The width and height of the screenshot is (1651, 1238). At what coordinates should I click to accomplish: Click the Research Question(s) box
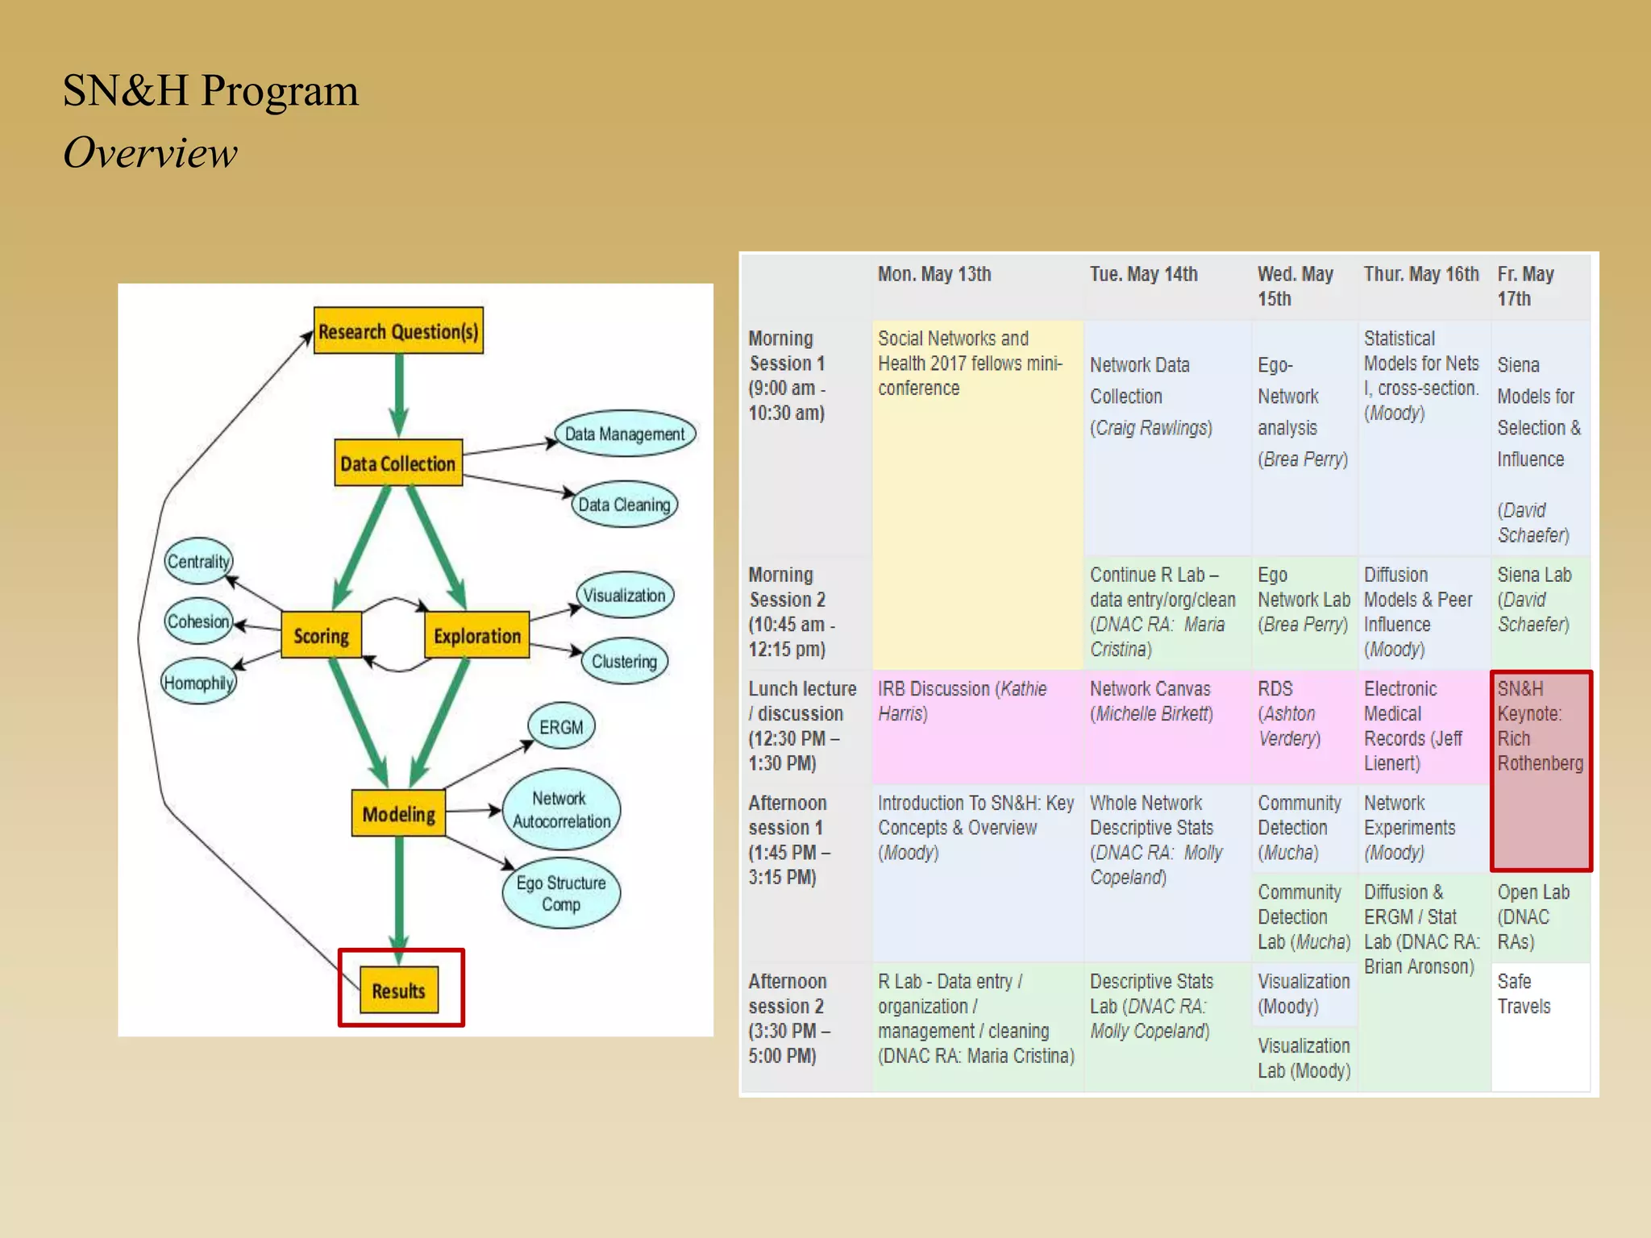point(398,330)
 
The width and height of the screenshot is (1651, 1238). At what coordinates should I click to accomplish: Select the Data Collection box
point(398,463)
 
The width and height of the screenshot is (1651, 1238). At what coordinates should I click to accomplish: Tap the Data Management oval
point(625,434)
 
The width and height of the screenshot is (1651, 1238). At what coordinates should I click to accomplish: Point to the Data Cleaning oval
point(624,505)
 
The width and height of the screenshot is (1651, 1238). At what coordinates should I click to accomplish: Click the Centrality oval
point(198,561)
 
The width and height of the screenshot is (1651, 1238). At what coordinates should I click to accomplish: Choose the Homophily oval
point(198,683)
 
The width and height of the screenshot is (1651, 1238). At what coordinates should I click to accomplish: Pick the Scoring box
point(321,635)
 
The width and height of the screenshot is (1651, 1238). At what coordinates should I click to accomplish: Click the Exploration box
point(477,635)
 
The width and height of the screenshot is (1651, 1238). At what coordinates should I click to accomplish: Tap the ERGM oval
point(561,726)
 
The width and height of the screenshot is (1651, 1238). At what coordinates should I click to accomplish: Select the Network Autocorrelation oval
point(561,809)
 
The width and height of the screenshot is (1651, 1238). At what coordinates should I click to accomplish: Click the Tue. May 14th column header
point(1143,275)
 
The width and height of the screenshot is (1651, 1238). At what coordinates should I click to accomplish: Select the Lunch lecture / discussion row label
point(803,725)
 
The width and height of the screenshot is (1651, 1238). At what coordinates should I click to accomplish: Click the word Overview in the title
point(151,153)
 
